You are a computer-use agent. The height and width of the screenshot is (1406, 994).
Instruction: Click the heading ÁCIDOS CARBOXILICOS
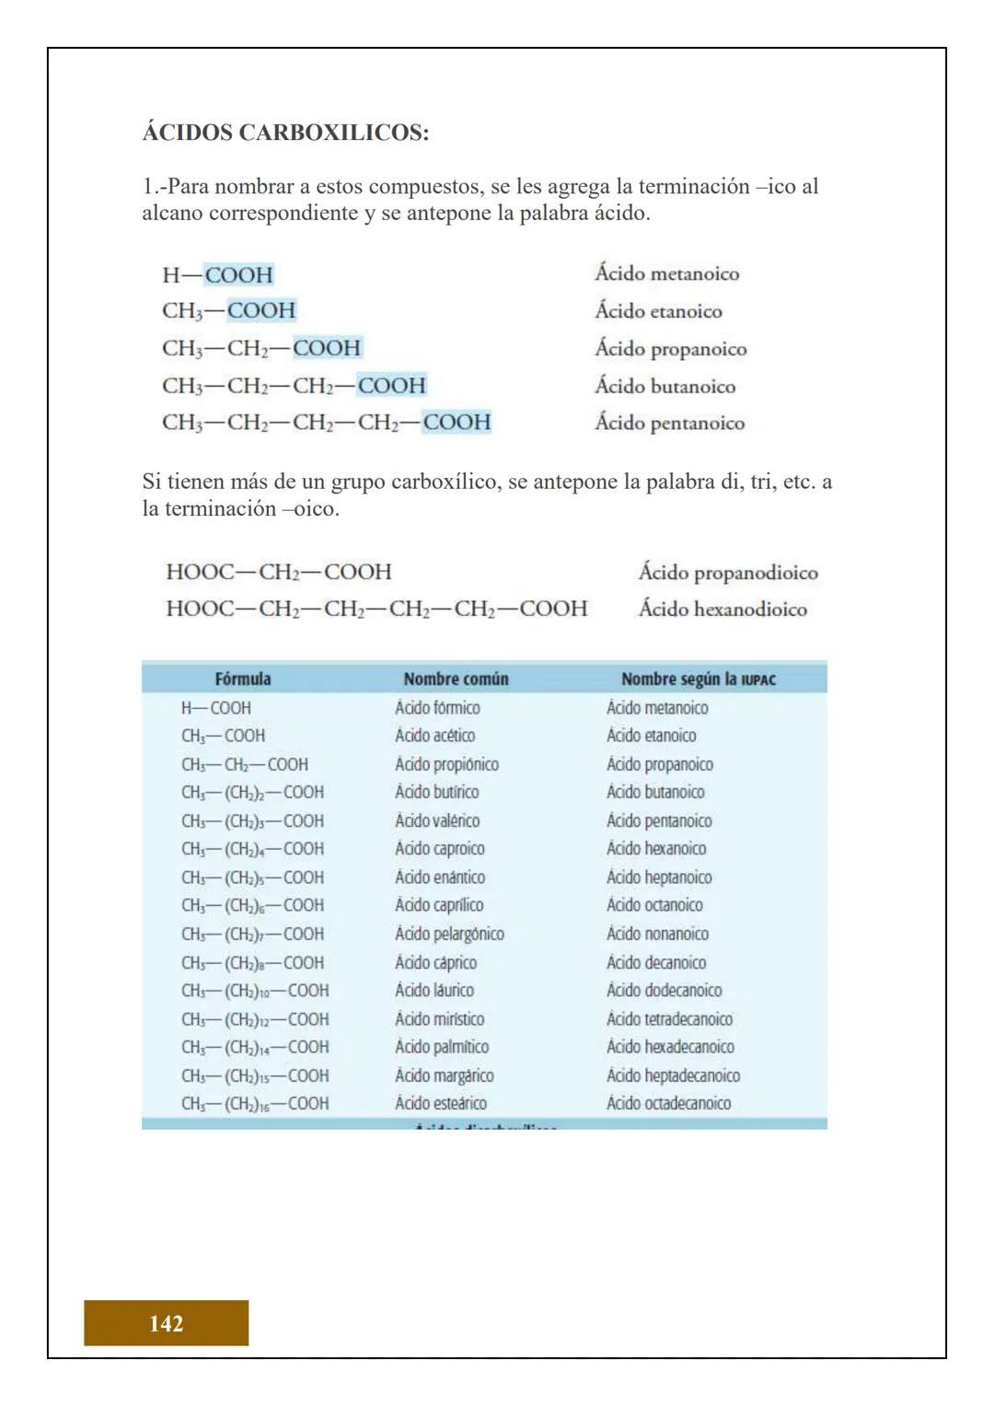(285, 133)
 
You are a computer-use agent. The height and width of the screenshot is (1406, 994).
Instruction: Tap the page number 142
(166, 1323)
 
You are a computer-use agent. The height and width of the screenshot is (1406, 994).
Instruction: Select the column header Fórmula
(243, 680)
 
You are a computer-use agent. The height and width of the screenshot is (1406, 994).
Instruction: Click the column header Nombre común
(456, 680)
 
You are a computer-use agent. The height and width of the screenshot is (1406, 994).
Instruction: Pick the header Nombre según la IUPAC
(699, 680)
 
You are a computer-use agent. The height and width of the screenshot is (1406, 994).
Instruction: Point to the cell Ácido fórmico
(437, 708)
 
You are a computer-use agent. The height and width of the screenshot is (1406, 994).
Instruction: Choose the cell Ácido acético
(435, 736)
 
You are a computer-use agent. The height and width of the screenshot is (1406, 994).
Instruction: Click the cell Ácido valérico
(437, 820)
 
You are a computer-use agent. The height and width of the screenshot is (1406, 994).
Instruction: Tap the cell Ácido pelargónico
(449, 934)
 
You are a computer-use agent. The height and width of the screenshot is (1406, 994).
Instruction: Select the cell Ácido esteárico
(441, 1103)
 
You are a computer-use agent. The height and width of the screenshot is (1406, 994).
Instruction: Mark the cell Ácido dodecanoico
(664, 991)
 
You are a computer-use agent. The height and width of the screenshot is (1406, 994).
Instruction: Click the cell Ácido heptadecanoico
(673, 1075)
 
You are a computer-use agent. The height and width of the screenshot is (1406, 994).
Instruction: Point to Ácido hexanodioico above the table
(722, 609)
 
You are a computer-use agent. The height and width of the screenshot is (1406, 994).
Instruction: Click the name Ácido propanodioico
(728, 573)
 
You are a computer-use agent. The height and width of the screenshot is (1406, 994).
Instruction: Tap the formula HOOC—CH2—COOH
(279, 572)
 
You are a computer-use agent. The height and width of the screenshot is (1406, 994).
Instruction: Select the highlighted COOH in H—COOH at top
(238, 274)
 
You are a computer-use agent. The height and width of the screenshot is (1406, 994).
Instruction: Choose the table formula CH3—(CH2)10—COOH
(255, 991)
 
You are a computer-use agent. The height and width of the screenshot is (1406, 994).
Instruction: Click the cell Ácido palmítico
(442, 1047)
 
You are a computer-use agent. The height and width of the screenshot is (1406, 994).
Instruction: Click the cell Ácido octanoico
(654, 905)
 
